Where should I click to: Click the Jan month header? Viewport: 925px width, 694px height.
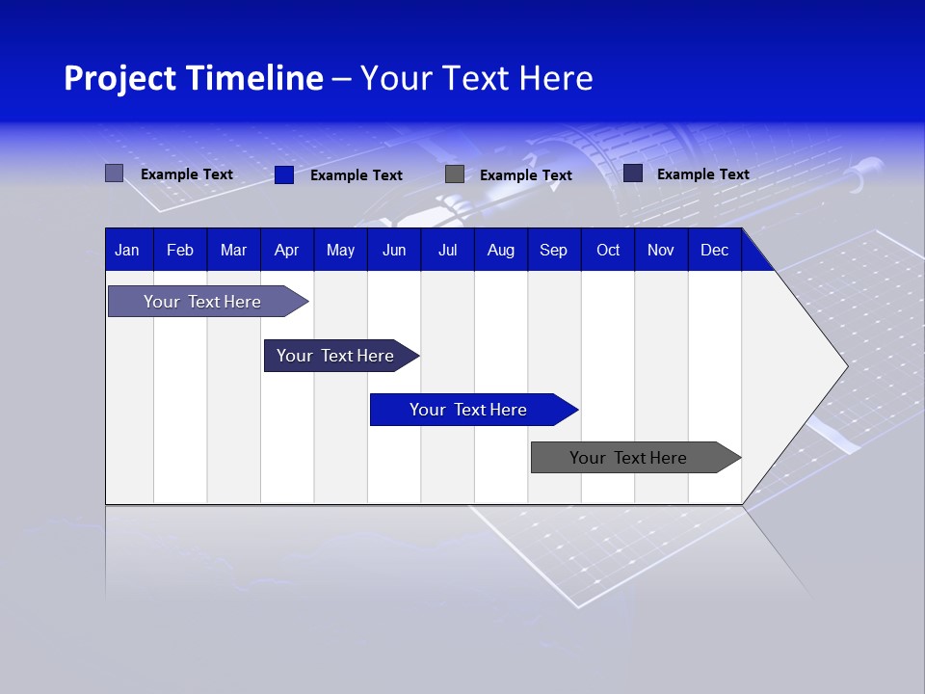coord(127,251)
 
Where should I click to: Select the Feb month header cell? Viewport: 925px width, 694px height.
coord(180,251)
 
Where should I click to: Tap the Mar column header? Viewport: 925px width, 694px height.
coord(233,251)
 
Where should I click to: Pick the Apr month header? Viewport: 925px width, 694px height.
coord(286,251)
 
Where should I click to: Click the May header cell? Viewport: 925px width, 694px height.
coord(340,251)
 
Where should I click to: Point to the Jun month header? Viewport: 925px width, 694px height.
coord(394,251)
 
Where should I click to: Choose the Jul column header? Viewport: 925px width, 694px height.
coord(447,251)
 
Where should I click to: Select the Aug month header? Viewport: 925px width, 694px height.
coord(501,251)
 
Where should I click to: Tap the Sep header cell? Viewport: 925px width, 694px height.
coord(553,251)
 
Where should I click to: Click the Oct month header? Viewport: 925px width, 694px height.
coord(608,251)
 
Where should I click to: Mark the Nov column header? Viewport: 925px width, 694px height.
coord(661,251)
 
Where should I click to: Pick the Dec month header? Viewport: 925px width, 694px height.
coord(715,251)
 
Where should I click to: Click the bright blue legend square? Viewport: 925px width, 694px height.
coord(284,174)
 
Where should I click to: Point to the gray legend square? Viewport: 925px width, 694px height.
coord(455,174)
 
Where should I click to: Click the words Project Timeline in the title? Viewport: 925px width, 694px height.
coord(194,78)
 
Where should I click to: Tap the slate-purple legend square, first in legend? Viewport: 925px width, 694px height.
coord(115,173)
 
